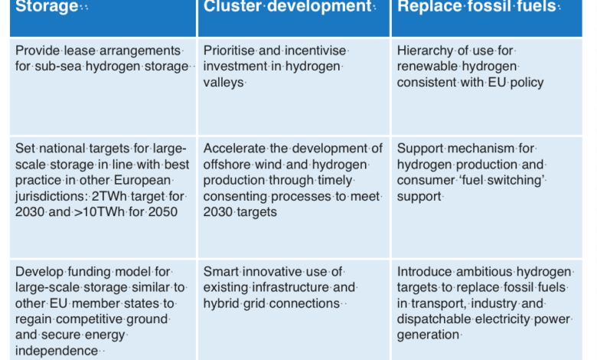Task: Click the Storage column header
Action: (x=47, y=6)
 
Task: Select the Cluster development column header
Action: (x=288, y=6)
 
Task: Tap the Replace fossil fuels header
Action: (x=477, y=6)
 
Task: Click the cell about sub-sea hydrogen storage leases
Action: (x=103, y=87)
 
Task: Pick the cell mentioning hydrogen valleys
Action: (x=294, y=87)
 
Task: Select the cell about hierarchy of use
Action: (x=487, y=87)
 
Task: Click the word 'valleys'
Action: (x=223, y=82)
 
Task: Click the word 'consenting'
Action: (x=235, y=197)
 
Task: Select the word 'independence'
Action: (x=57, y=351)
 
